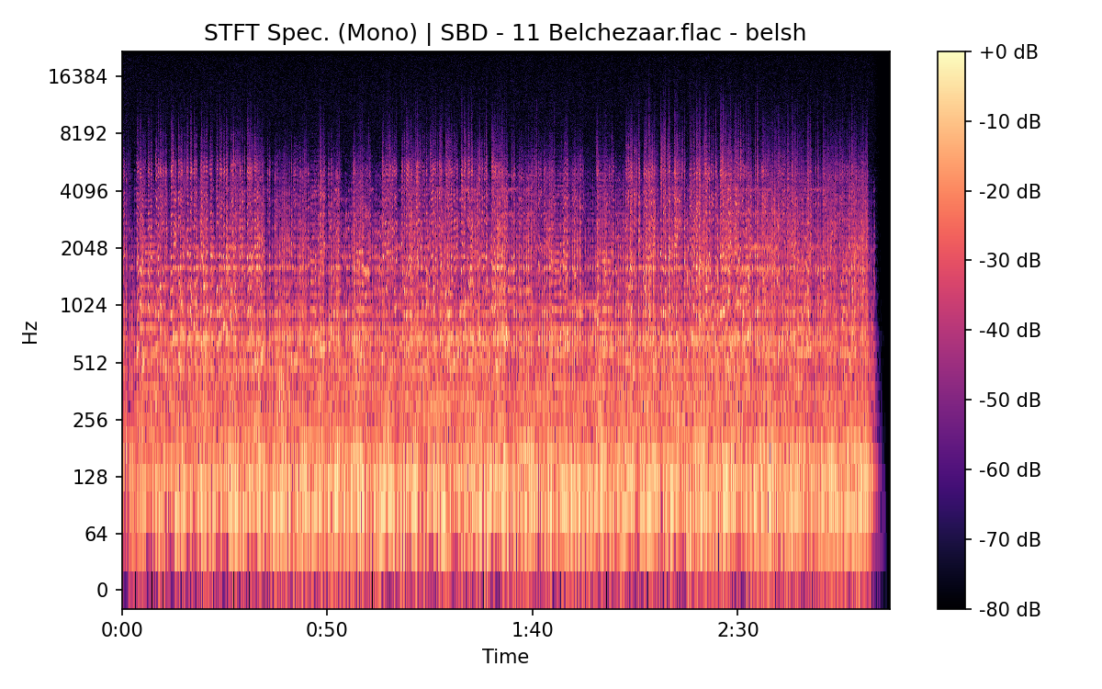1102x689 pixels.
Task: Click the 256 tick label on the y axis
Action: [x=91, y=420]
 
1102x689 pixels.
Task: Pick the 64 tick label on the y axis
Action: [x=96, y=535]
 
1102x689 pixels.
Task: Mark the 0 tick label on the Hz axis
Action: [x=103, y=591]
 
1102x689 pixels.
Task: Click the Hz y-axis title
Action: [x=30, y=332]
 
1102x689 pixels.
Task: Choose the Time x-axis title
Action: [x=505, y=657]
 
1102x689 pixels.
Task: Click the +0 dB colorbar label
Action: [x=1008, y=52]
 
